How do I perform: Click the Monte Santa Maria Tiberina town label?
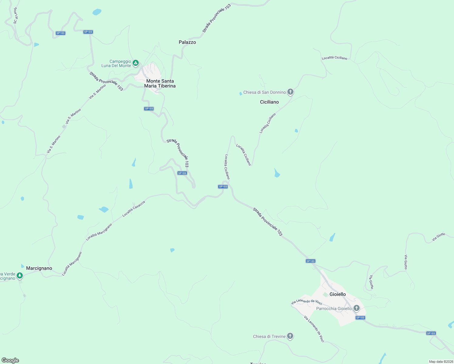click(x=160, y=83)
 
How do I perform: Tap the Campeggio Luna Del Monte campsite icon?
click(x=136, y=63)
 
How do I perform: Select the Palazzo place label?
click(x=187, y=42)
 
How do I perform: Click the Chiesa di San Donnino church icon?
click(x=290, y=92)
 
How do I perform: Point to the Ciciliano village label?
click(x=269, y=102)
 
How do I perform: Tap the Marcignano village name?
click(x=39, y=268)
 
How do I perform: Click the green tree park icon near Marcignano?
click(x=20, y=275)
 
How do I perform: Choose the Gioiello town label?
click(x=337, y=294)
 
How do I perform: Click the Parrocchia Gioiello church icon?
click(x=357, y=308)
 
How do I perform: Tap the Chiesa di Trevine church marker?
click(x=290, y=336)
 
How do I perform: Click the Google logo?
click(x=10, y=360)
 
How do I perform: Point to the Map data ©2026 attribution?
click(x=441, y=362)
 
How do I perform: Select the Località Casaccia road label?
click(x=134, y=209)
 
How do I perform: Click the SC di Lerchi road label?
click(x=15, y=15)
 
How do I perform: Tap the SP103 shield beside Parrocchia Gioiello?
click(x=360, y=318)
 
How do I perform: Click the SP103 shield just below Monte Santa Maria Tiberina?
click(x=149, y=109)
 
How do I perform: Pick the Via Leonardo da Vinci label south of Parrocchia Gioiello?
click(x=314, y=329)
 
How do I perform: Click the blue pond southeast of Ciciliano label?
click(x=277, y=174)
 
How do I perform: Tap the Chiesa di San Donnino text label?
click(x=264, y=92)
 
